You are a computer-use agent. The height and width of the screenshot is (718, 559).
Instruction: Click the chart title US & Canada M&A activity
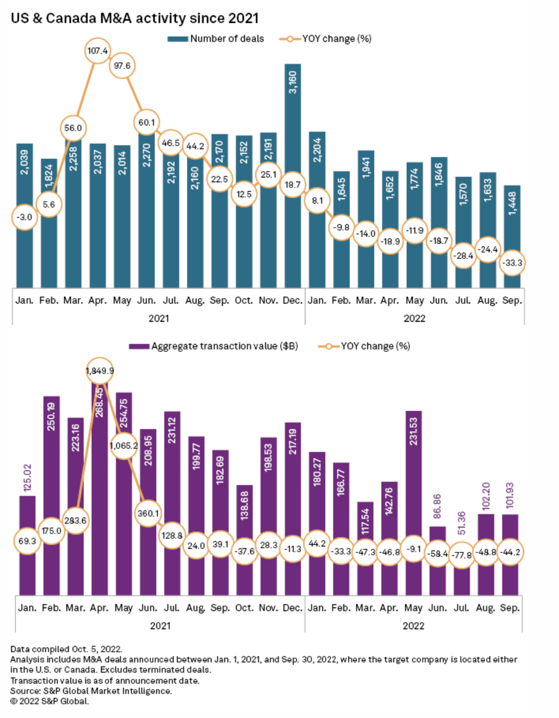point(134,20)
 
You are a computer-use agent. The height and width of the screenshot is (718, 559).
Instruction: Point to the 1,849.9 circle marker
point(99,371)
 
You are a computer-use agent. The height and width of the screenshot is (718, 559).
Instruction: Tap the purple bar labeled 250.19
point(51,455)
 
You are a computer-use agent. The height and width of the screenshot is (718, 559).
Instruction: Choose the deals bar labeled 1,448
point(512,219)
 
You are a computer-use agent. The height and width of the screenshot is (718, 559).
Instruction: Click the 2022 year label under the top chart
point(415,318)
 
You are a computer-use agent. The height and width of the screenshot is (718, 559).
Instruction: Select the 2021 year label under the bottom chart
point(159,625)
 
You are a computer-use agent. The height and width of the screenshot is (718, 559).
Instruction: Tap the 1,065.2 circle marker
point(124,445)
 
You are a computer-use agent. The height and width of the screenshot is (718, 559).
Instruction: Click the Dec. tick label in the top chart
point(294,300)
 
